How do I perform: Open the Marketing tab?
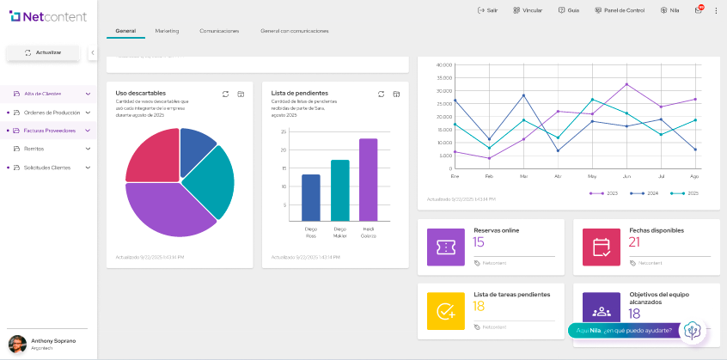point(167,31)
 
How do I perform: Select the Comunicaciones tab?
point(219,31)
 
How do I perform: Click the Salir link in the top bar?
point(487,10)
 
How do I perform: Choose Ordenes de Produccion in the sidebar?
point(52,113)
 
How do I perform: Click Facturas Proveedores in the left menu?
point(50,131)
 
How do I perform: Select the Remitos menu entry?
point(34,149)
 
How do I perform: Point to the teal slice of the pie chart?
point(211,182)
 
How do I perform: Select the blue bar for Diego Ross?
point(311,197)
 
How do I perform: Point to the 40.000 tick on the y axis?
point(443,65)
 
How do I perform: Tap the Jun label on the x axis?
point(626,175)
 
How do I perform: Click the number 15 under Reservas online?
point(479,242)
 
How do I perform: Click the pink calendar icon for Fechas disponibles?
point(602,247)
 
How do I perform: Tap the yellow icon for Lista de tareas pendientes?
point(445,311)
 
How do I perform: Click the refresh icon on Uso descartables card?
point(225,94)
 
